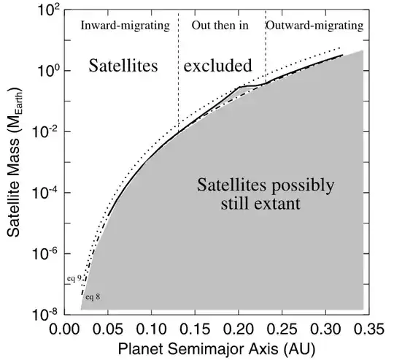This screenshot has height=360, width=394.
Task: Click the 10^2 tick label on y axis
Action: pyautogui.click(x=45, y=11)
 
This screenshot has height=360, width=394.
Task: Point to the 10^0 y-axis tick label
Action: pyautogui.click(x=46, y=72)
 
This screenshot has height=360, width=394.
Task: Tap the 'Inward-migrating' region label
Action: pyautogui.click(x=124, y=26)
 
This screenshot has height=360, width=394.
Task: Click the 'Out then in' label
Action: pyautogui.click(x=220, y=26)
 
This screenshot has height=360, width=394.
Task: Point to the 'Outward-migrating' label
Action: pyautogui.click(x=314, y=26)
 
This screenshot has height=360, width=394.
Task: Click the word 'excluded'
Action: pyautogui.click(x=217, y=66)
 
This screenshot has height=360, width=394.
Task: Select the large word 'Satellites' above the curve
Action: pyautogui.click(x=123, y=66)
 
